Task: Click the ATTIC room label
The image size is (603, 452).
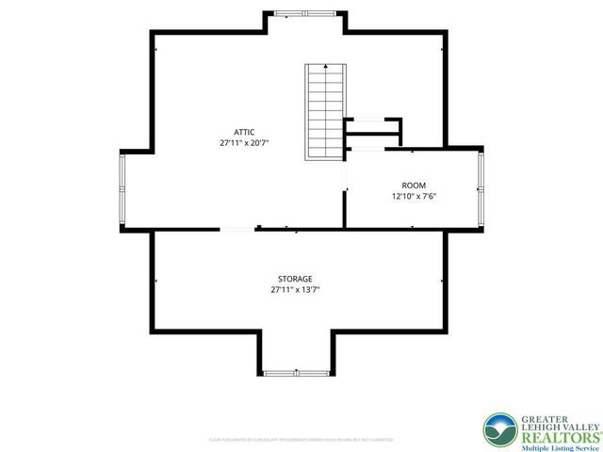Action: pos(244,132)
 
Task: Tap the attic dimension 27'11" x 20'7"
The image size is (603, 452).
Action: pos(244,143)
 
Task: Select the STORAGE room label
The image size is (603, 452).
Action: pos(295,279)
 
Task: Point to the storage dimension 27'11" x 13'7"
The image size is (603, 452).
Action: pos(295,290)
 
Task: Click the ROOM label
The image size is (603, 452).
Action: pos(414,186)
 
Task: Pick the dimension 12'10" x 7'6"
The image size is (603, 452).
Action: pos(414,197)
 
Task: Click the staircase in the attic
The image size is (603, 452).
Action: pos(322,112)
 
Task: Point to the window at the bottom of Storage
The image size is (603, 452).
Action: pos(293,373)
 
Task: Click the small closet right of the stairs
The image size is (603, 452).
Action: pos(373,133)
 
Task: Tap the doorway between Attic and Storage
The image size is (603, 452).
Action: pos(236,228)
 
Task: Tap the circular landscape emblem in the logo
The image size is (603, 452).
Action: pos(498,429)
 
